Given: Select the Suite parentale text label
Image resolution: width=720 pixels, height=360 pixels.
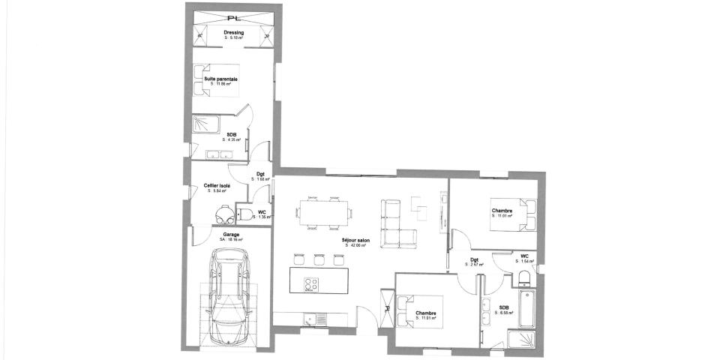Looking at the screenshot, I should (221, 79).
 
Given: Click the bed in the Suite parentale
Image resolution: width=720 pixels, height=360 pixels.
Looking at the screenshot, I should (217, 80).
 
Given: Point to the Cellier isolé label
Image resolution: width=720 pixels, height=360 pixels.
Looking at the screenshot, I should (217, 186).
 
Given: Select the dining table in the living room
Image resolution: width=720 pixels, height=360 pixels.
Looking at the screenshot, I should (324, 211).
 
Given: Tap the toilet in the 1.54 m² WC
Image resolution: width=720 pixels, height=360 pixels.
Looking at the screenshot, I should (524, 279).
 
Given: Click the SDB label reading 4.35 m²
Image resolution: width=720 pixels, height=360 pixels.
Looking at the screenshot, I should (232, 136).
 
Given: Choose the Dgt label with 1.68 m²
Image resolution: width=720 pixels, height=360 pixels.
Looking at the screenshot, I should (260, 175).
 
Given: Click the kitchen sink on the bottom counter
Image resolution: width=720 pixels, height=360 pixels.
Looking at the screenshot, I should (310, 319).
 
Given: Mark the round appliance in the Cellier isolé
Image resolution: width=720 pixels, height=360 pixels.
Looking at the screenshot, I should (222, 214).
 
